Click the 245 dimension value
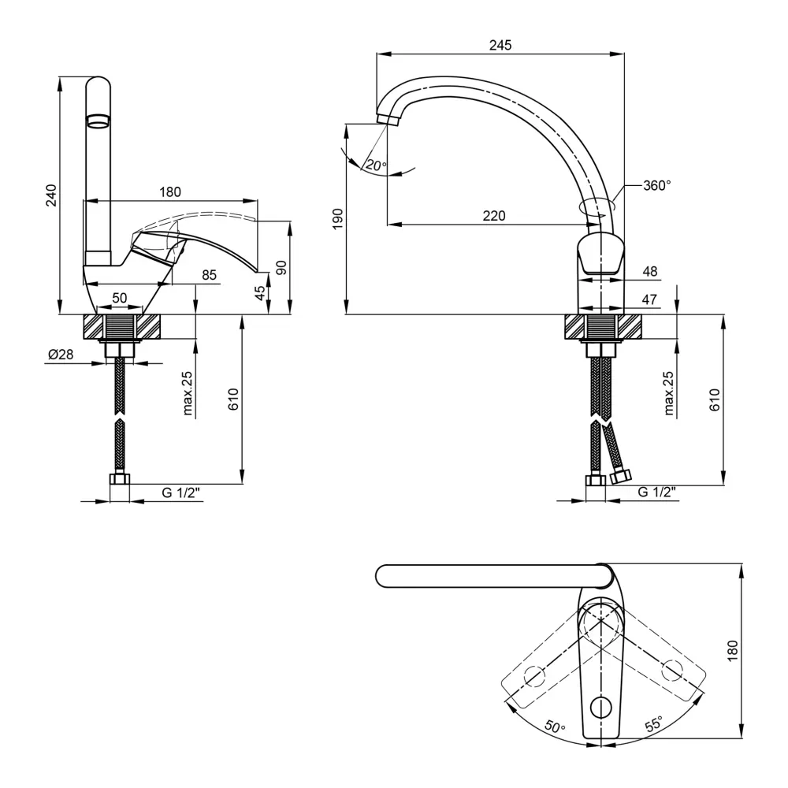[500, 46]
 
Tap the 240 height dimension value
[51, 195]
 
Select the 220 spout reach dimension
[494, 216]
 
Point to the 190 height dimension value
[337, 218]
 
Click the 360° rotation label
[656, 186]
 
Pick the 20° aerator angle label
[375, 165]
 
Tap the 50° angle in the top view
[554, 727]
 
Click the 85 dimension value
[210, 275]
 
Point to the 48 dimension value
[650, 271]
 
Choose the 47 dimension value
[650, 299]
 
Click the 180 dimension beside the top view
[732, 651]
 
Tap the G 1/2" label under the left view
[181, 492]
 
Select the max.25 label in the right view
[669, 393]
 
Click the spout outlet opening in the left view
[98, 121]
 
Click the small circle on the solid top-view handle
[603, 704]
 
